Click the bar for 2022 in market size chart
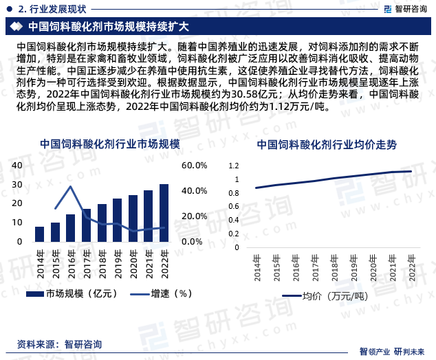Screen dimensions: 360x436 coord(164,213)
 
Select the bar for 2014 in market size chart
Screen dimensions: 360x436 coord(39,234)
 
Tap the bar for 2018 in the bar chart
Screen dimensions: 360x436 coord(102,223)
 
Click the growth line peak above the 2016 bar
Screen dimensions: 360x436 coord(71,186)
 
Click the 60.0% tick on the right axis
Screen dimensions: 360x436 coord(195,166)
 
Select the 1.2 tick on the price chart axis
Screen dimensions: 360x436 coord(232,166)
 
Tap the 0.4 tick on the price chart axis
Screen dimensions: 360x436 coord(232,221)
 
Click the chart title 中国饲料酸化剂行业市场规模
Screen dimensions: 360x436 coord(109,144)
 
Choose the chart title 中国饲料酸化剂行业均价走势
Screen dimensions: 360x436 coord(327,145)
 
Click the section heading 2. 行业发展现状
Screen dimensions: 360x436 coord(52,9)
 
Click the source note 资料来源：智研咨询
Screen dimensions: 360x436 coord(59,344)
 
